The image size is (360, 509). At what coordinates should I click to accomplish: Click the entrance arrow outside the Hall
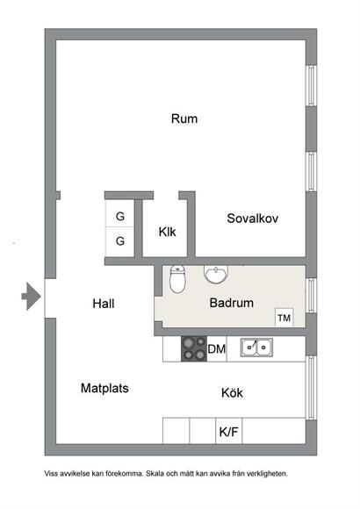[x=32, y=296]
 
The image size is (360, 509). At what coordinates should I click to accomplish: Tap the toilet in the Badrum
[x=177, y=279]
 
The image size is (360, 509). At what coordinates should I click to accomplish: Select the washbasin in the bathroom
[x=216, y=274]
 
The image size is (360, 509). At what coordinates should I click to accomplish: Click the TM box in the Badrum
[x=284, y=317]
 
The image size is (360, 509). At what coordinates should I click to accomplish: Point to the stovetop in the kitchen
[x=194, y=349]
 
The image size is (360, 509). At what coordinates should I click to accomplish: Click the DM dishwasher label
[x=217, y=349]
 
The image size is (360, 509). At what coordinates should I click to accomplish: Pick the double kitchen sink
[x=256, y=348]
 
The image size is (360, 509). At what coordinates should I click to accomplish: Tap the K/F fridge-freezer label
[x=229, y=432]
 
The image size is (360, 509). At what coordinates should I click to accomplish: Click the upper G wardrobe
[x=120, y=213]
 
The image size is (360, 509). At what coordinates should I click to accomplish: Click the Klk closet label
[x=167, y=232]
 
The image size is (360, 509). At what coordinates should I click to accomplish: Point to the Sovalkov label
[x=253, y=219]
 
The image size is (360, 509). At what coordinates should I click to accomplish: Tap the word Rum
[x=184, y=118]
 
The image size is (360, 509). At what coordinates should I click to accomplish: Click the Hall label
[x=104, y=304]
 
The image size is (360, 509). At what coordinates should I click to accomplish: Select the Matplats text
[x=104, y=388]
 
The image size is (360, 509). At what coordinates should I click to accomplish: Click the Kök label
[x=232, y=393]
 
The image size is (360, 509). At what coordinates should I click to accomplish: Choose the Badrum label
[x=231, y=303]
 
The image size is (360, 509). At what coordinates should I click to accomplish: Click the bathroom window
[x=311, y=296]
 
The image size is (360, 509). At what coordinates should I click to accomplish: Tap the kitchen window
[x=311, y=388]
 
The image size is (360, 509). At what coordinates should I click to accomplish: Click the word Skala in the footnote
[x=155, y=474]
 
